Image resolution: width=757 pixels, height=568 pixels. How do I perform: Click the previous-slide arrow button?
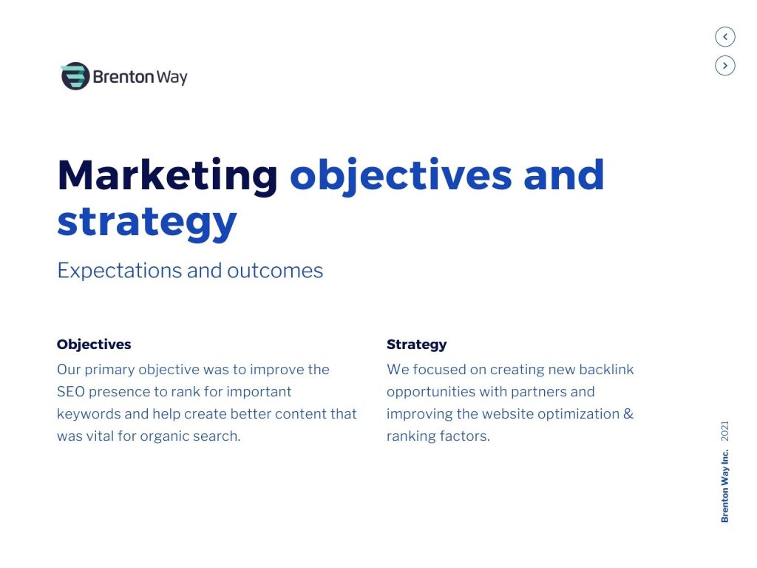724,37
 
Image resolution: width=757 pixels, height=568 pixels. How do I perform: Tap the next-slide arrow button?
724,66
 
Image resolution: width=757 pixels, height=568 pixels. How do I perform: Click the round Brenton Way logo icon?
75,76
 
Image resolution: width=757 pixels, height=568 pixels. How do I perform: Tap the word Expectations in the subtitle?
120,271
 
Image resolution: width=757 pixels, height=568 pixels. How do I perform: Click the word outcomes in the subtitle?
275,271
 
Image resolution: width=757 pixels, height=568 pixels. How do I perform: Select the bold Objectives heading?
94,345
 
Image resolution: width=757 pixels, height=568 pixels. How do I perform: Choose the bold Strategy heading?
417,345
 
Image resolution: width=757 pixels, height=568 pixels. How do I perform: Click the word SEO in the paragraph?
71,392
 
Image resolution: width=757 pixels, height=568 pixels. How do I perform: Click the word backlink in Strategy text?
606,370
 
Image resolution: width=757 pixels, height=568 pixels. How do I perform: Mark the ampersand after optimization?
628,414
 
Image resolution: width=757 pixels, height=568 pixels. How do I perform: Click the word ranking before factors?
411,436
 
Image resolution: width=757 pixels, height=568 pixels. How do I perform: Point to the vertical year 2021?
724,431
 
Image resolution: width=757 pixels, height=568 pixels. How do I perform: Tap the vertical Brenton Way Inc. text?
724,486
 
